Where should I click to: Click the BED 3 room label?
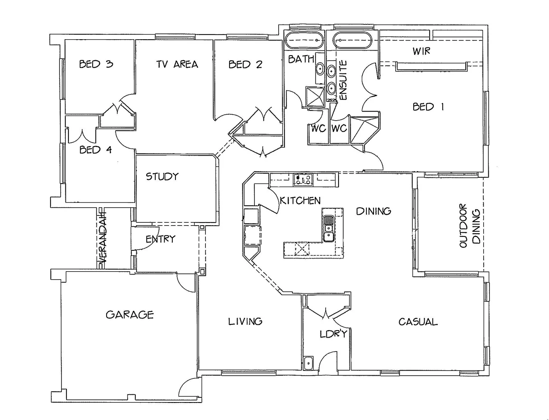pos(96,64)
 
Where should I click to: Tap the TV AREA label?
pos(177,64)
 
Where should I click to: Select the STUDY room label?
pos(162,177)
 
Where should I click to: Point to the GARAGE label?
pos(130,314)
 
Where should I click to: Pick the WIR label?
pos(421,51)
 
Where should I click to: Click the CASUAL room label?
pos(418,322)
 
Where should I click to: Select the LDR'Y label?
pos(333,334)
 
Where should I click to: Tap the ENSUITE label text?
pos(343,80)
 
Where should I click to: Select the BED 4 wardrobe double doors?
pos(82,135)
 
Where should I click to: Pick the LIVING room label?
pos(245,321)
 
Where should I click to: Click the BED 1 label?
pos(428,107)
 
